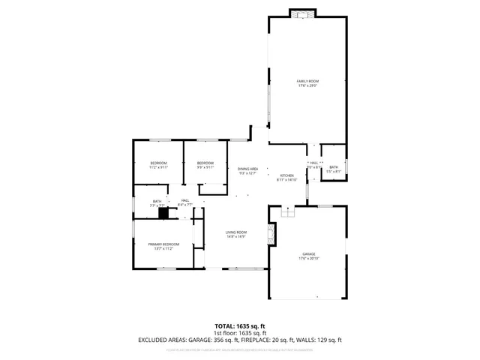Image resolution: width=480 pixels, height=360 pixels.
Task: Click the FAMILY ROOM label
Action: click(308, 80)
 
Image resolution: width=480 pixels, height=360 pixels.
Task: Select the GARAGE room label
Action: click(308, 254)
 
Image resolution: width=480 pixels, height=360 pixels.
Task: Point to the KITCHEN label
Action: click(286, 175)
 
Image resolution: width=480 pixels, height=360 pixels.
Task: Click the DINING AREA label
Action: click(248, 169)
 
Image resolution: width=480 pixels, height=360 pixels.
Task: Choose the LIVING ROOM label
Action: click(236, 232)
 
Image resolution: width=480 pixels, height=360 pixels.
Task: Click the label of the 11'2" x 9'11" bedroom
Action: click(157, 163)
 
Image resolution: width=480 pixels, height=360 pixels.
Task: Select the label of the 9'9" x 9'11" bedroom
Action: click(205, 163)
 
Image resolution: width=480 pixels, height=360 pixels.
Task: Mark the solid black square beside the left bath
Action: click(163, 212)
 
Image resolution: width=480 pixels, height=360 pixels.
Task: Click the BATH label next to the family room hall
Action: click(334, 167)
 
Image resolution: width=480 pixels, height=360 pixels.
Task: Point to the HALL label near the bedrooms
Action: click(184, 200)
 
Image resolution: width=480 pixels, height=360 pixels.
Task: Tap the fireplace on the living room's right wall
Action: click(272, 235)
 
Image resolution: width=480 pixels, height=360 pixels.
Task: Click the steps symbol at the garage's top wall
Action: click(286, 212)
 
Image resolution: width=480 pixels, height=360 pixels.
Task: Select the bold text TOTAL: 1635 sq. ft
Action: click(240, 325)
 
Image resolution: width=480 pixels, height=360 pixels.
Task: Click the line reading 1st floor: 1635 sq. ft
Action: click(240, 332)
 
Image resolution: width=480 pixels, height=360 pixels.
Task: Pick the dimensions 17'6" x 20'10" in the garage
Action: click(308, 259)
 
